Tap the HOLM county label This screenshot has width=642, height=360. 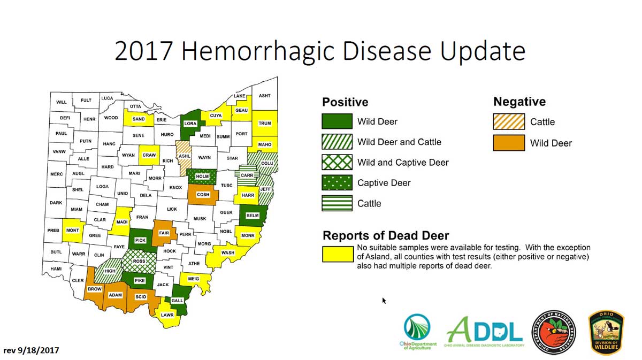[202, 176]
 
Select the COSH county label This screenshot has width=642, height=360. [203, 195]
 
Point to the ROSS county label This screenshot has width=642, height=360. [139, 261]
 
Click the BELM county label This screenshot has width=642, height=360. [252, 216]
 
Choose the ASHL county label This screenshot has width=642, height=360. [184, 156]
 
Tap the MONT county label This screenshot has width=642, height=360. [72, 231]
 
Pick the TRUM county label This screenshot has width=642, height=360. [264, 124]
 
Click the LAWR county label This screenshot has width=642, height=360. [167, 315]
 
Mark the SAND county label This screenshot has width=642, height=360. [138, 119]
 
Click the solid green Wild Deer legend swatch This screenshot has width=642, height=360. [337, 121]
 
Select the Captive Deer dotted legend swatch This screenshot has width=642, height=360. [337, 183]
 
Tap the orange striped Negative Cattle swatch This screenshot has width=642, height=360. [509, 122]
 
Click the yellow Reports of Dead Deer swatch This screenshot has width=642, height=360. [337, 255]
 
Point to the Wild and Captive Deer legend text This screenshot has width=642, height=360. [403, 163]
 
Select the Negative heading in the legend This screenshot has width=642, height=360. [519, 102]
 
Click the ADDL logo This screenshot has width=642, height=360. [484, 332]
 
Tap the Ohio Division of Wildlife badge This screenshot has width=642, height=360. [606, 332]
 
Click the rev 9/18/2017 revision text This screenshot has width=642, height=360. [31, 350]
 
